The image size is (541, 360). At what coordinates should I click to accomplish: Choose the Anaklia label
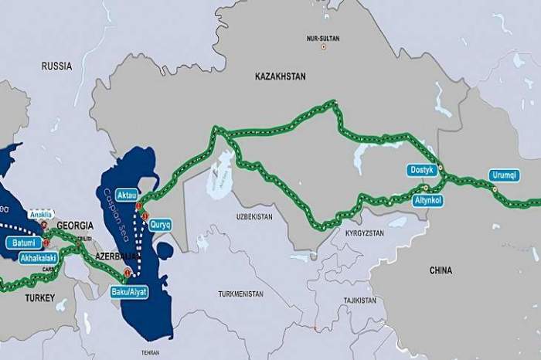pos(42,214)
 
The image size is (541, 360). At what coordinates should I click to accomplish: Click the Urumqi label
pos(505,175)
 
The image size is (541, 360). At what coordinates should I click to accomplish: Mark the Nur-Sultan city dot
pos(324,47)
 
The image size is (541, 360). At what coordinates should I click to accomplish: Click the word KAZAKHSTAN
pos(280,76)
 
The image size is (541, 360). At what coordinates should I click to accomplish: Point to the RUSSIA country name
pos(57,66)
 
